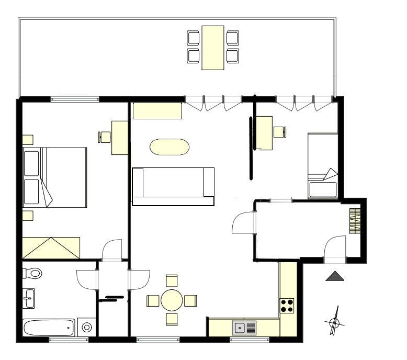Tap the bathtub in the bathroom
coord(49,328)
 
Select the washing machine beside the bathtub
coord(87,328)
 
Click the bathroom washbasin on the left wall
coord(29,299)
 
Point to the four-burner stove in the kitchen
coord(287,306)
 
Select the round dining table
coord(172,300)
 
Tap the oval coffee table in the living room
coord(169,147)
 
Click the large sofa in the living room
coord(173,186)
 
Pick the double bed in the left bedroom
coord(55,177)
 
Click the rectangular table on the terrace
coord(213,47)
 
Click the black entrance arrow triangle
coord(335,276)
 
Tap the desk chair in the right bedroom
coord(280,132)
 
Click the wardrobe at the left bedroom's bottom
coord(51,248)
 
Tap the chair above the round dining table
coord(172,280)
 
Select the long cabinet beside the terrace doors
coord(157,111)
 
